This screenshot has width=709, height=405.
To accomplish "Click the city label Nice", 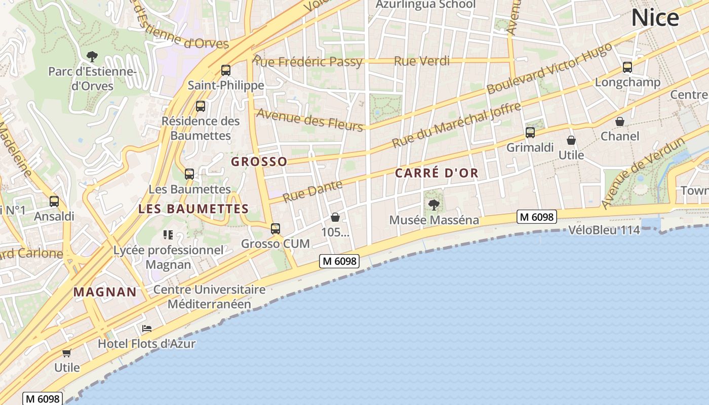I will [x=655, y=18].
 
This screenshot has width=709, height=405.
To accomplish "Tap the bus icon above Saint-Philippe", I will [x=226, y=70].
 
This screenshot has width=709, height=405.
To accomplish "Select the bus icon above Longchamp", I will [x=627, y=67].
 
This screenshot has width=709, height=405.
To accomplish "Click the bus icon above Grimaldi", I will [x=530, y=133].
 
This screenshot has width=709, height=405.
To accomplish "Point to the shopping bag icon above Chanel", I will [x=620, y=121].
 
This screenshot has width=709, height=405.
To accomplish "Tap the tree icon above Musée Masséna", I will [x=434, y=205].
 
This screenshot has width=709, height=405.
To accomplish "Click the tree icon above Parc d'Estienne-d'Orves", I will [x=92, y=56].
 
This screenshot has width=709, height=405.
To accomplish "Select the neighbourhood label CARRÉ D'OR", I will [x=437, y=173].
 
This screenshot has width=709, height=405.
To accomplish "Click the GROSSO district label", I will [x=259, y=161].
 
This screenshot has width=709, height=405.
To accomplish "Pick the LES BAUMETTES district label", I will [x=193, y=209].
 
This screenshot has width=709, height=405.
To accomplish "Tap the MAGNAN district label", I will [x=105, y=292].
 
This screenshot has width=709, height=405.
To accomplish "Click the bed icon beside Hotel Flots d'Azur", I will [x=147, y=329].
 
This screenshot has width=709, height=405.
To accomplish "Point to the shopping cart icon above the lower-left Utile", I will [x=66, y=352].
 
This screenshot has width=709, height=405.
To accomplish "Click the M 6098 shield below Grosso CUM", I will [x=339, y=261].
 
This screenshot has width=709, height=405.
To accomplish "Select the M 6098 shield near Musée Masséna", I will [x=537, y=217].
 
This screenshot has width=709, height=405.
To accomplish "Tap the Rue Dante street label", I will [x=312, y=191].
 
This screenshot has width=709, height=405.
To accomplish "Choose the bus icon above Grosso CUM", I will [x=275, y=228].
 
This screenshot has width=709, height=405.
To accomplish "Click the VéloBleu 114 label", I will [x=604, y=230].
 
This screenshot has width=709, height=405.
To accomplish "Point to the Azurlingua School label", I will [x=425, y=5].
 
